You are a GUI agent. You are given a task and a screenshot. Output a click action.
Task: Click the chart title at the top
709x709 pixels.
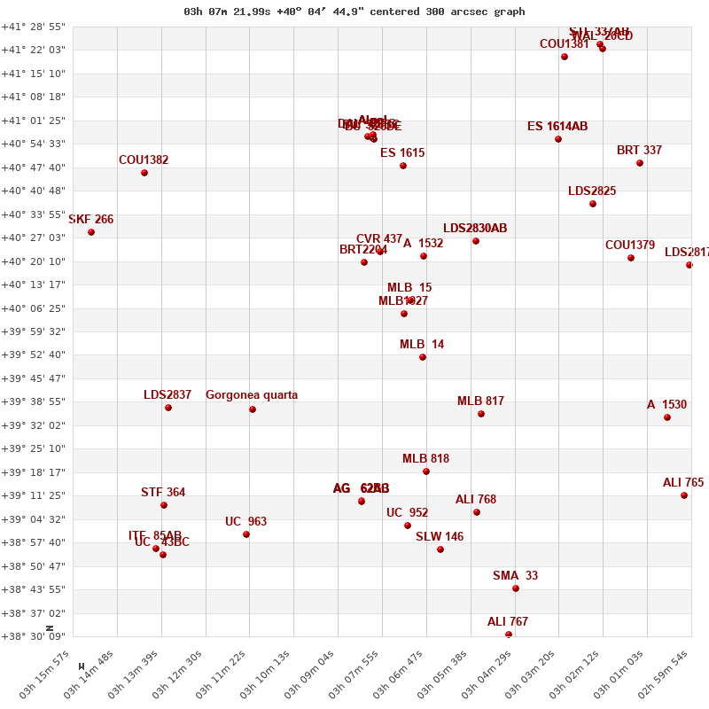pyautogui.click(x=354, y=12)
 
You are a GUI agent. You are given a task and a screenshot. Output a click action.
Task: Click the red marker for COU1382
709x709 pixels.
pyautogui.click(x=144, y=173)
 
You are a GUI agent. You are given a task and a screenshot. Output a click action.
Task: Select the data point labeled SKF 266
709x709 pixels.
pyautogui.click(x=91, y=232)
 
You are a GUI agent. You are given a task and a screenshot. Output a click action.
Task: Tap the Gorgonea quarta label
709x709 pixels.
pyautogui.click(x=252, y=395)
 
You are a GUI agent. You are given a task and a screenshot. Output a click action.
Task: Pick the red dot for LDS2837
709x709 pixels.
pyautogui.click(x=168, y=408)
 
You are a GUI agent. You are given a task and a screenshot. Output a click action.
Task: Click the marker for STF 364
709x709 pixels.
pyautogui.click(x=164, y=505)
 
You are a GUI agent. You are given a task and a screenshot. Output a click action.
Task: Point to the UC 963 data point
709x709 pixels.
pyautogui.click(x=246, y=534)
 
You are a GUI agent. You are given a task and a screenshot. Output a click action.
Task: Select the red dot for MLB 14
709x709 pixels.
pyautogui.click(x=423, y=357)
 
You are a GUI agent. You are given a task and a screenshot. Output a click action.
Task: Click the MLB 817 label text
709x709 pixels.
pyautogui.click(x=480, y=401)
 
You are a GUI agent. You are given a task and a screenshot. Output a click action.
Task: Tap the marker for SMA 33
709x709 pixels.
pyautogui.click(x=516, y=588)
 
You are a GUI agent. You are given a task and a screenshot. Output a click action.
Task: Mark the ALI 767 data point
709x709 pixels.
pyautogui.click(x=509, y=635)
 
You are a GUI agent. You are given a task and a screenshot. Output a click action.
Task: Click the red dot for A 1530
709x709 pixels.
pyautogui.click(x=667, y=417)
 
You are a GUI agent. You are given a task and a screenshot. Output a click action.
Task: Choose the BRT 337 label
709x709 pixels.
pyautogui.click(x=639, y=151)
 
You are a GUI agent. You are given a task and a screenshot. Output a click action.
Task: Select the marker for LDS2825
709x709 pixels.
pyautogui.click(x=593, y=204)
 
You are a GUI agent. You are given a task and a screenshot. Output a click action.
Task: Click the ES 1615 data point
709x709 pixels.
pyautogui.click(x=403, y=166)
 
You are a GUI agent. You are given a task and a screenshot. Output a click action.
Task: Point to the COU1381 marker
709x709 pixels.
pyautogui.click(x=565, y=57)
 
